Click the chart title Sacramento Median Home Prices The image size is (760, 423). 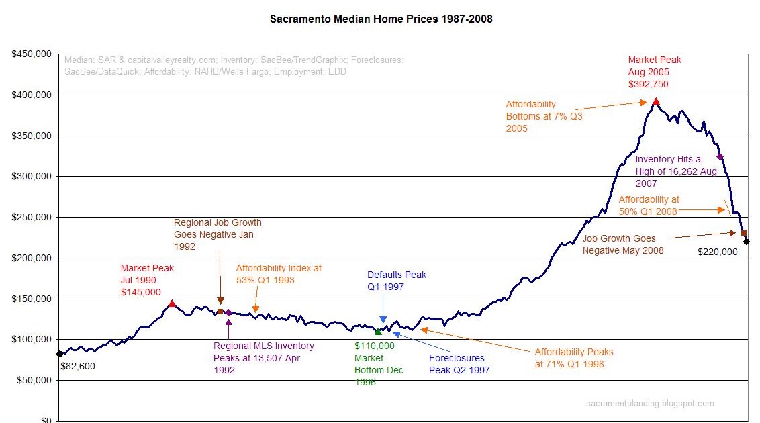[x=381, y=19]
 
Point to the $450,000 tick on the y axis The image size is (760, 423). [x=32, y=54]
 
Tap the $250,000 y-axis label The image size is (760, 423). [x=32, y=218]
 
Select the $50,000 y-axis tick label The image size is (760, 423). [x=34, y=381]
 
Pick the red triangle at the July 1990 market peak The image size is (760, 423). [x=172, y=303]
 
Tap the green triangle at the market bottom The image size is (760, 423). [x=378, y=332]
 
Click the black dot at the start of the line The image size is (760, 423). [x=59, y=353]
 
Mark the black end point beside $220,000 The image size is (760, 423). [x=747, y=242]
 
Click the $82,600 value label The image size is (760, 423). [x=77, y=367]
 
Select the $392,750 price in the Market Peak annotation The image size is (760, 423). [x=648, y=84]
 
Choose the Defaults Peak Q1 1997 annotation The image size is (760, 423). [x=396, y=280]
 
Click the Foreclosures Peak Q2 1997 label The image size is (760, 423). [x=459, y=364]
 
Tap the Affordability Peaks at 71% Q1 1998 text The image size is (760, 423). [x=573, y=358]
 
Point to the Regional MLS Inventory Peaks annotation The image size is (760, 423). [x=263, y=358]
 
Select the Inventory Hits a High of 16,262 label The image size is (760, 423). [x=675, y=171]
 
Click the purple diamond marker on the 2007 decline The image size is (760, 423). [x=720, y=156]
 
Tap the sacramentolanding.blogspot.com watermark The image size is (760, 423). [x=650, y=404]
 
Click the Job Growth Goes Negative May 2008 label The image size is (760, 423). [x=622, y=244]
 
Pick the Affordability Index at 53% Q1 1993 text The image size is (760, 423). [x=279, y=274]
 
